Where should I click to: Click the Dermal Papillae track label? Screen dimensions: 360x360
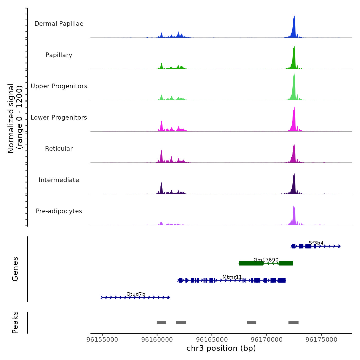click(59, 24)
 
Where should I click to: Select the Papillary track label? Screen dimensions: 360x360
click(59, 55)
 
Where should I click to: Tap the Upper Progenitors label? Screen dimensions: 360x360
click(59, 86)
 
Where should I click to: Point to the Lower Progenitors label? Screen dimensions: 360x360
click(59, 118)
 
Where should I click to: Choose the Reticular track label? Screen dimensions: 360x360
click(59, 149)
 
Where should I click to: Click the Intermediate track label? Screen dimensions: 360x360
click(59, 180)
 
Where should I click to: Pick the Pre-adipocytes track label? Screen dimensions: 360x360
click(59, 211)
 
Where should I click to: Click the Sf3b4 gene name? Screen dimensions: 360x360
click(316, 243)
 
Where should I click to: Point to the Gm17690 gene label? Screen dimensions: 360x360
click(266, 260)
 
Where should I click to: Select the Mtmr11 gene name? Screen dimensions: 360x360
click(232, 277)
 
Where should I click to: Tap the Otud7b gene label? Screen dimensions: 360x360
click(136, 294)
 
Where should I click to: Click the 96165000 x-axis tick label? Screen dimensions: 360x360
click(212, 340)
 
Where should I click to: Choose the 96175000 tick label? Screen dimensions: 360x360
click(321, 340)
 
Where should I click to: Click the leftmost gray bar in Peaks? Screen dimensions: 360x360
click(161, 323)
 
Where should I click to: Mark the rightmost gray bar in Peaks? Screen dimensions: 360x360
click(293, 323)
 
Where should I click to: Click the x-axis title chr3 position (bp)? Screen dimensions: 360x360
click(221, 348)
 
